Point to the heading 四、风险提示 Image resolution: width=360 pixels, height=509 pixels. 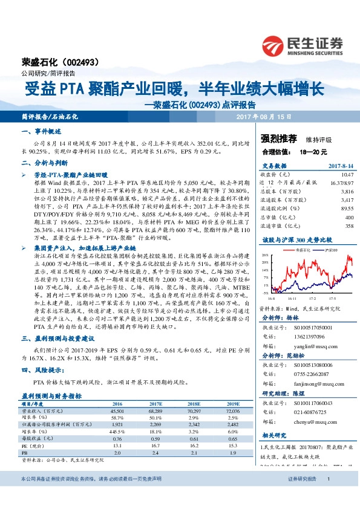click(x=43, y=371)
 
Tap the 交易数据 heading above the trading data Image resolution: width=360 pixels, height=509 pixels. click(x=273, y=165)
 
